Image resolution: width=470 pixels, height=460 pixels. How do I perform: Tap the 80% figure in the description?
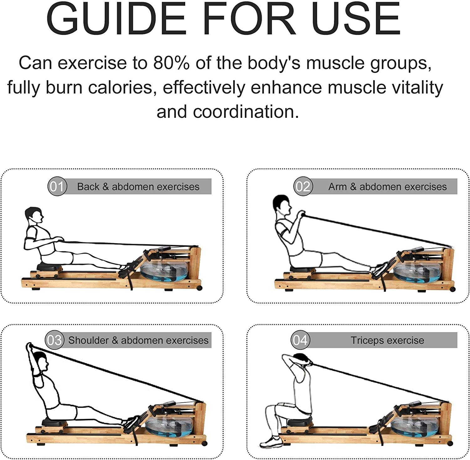click(x=171, y=63)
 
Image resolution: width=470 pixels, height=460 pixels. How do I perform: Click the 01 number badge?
click(x=57, y=187)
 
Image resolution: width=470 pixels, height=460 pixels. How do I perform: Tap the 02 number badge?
click(x=303, y=187)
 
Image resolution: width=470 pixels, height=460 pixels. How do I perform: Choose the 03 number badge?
click(x=55, y=340)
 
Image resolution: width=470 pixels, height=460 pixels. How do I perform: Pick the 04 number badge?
click(x=300, y=340)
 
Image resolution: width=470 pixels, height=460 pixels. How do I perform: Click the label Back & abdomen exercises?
click(x=138, y=187)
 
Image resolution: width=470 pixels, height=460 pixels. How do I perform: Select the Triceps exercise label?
click(x=387, y=340)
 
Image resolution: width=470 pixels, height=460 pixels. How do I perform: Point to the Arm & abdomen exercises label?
click(x=387, y=187)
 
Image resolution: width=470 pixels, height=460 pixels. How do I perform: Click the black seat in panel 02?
click(x=302, y=269)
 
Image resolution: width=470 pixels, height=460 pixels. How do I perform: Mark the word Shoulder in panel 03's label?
click(x=88, y=340)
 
